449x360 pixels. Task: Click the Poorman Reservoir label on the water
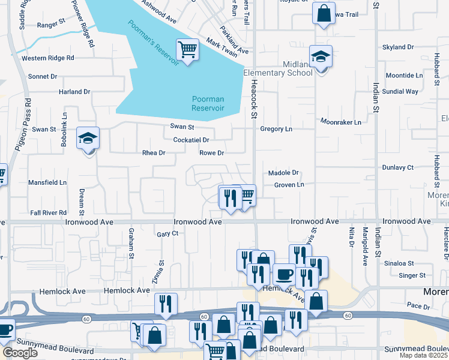point(208,103)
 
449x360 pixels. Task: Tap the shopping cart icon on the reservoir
point(187,49)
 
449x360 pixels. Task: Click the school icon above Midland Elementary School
point(321,57)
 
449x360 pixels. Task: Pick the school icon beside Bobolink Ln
point(88,139)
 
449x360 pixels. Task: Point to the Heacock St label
point(254,99)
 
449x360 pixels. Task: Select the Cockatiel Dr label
point(190,140)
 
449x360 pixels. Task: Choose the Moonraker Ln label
point(342,122)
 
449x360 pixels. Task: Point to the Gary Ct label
point(167,234)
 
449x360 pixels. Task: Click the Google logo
point(20,352)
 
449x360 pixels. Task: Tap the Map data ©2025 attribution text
point(424,356)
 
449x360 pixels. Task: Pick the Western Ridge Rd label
point(47,58)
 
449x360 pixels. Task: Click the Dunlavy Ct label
point(397,167)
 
